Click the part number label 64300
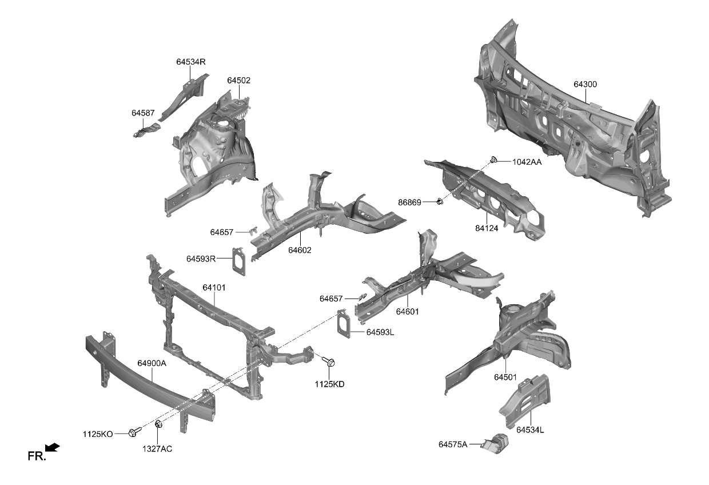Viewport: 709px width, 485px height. [x=585, y=85]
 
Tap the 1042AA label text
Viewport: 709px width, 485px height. [x=527, y=162]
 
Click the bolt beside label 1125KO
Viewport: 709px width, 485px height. [x=135, y=432]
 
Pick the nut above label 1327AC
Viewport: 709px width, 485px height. [x=158, y=425]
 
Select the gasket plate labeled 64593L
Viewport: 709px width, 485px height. [x=344, y=324]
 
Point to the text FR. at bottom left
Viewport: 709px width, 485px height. [x=36, y=456]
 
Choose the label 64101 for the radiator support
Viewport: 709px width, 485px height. [x=214, y=288]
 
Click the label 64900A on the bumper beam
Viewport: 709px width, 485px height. [x=152, y=363]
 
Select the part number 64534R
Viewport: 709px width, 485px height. [x=190, y=62]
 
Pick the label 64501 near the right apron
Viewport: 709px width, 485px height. [x=505, y=377]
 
